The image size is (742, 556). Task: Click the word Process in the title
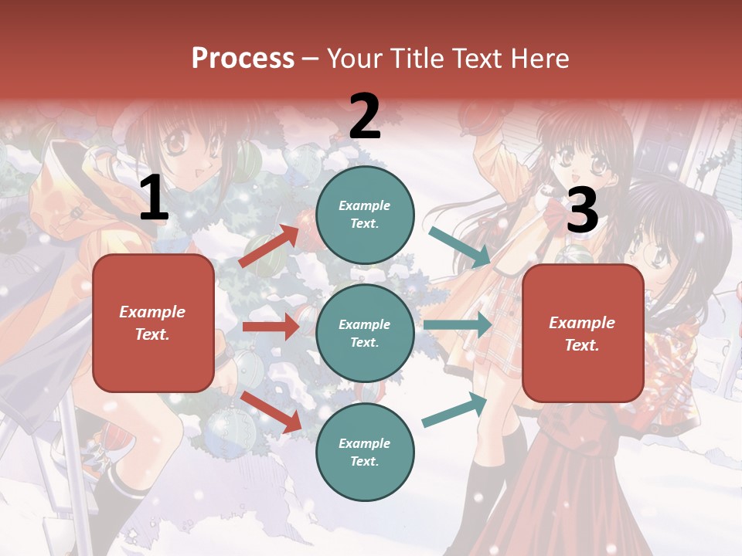coord(243,59)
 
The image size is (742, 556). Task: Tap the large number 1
coord(154,199)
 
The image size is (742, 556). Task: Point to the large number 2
coord(365,117)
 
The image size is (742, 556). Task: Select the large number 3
coord(582,210)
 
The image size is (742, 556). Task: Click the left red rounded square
coord(153,323)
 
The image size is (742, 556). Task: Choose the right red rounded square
coord(583,334)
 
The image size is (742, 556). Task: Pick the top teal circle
coord(365,214)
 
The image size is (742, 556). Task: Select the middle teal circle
coord(365,333)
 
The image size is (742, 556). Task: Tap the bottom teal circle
coord(365,452)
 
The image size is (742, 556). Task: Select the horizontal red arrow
coord(271,327)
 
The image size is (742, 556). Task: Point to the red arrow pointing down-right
coord(271,411)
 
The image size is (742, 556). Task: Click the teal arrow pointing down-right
coord(460,247)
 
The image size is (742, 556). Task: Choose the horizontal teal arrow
coord(458,325)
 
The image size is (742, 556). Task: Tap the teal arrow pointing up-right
coord(454,409)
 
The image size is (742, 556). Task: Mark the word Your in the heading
coord(356,59)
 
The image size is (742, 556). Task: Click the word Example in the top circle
coord(364,205)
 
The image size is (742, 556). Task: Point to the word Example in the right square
coord(582,323)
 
